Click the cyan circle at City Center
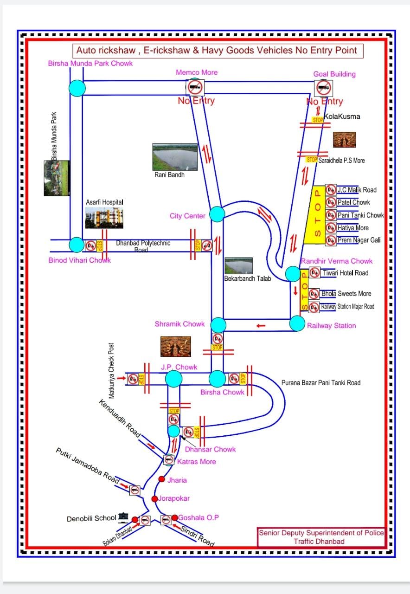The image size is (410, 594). (x=217, y=214)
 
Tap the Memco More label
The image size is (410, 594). (x=197, y=72)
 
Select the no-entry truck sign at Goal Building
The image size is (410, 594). (x=323, y=87)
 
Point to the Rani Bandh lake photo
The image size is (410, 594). (x=175, y=157)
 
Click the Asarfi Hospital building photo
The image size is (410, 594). (x=104, y=218)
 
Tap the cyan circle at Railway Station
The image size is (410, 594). (x=297, y=323)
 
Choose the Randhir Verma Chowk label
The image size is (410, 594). (x=336, y=261)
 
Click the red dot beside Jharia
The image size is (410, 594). (x=161, y=479)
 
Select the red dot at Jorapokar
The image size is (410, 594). (x=154, y=499)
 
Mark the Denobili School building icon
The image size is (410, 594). (x=123, y=516)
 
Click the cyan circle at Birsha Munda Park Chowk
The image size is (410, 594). (x=77, y=88)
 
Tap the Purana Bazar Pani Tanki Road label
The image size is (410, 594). (x=320, y=383)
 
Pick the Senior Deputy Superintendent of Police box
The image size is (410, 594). (x=321, y=537)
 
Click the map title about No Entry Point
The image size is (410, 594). (x=217, y=51)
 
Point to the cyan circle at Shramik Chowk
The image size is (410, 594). (x=218, y=325)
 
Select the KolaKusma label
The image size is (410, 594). (x=342, y=116)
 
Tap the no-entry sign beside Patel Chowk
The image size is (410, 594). (x=331, y=202)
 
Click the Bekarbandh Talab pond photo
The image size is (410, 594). (x=238, y=266)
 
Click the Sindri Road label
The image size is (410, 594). (x=197, y=535)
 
